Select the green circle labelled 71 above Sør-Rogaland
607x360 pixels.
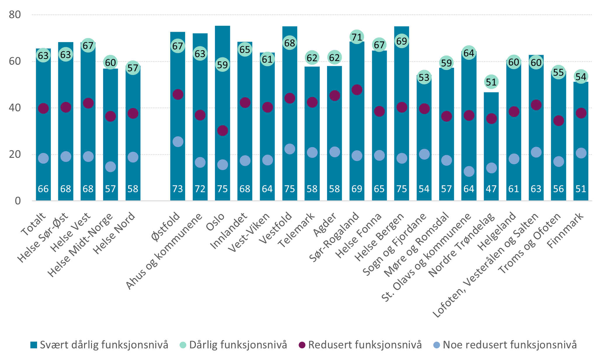[356, 37]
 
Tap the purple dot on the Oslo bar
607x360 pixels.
[222, 130]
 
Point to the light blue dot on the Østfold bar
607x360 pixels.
[178, 142]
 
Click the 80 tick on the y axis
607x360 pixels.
[15, 15]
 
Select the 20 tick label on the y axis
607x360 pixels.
[15, 154]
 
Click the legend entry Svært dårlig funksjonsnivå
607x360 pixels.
[99, 345]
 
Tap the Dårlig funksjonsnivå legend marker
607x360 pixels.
[183, 345]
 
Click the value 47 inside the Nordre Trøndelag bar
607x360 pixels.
[491, 189]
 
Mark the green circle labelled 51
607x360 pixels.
[491, 82]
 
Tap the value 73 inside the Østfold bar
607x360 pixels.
[178, 189]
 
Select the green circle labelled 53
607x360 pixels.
[424, 78]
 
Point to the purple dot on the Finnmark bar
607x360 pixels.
[581, 113]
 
